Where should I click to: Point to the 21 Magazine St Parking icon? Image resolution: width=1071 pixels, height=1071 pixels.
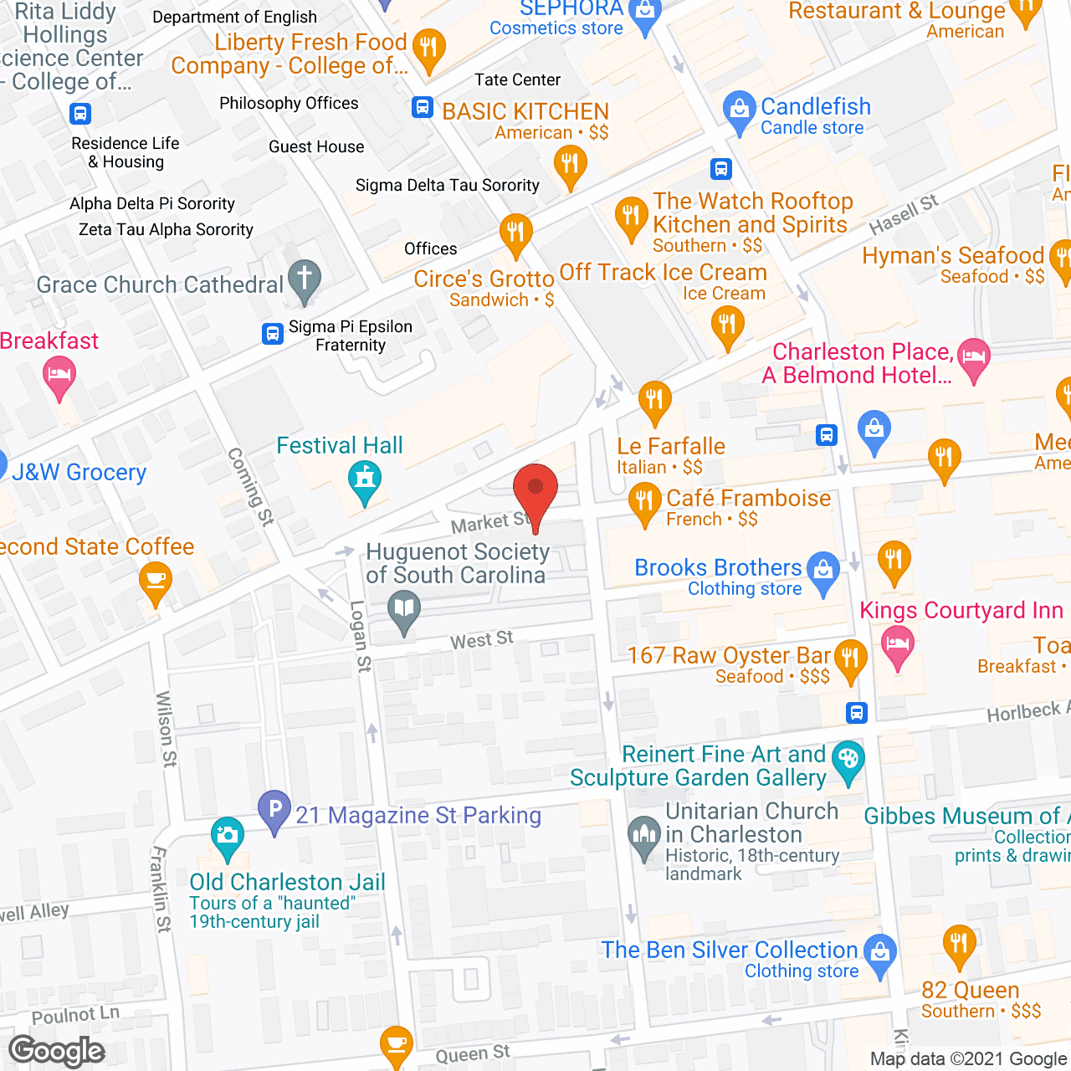(274, 810)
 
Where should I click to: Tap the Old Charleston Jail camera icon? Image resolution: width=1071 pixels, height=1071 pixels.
(227, 836)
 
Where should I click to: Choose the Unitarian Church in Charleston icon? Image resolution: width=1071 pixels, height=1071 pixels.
(643, 836)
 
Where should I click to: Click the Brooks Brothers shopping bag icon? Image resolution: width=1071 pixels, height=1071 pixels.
(823, 571)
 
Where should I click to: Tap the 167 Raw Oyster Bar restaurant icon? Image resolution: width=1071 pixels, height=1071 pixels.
(850, 658)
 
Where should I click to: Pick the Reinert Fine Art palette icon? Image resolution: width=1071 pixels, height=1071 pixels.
(848, 761)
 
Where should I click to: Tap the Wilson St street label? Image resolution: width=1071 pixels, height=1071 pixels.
(166, 729)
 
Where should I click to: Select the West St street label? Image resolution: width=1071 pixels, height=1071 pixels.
(481, 640)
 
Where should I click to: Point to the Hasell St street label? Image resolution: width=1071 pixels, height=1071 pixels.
(904, 215)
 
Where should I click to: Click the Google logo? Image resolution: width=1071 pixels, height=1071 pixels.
(57, 1051)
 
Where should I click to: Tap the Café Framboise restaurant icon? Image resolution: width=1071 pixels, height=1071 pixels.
(644, 504)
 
